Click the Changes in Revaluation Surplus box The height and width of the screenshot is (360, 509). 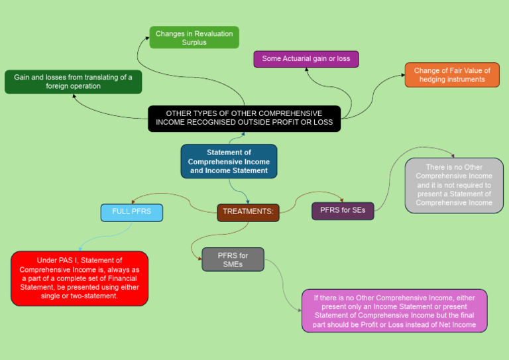click(x=194, y=37)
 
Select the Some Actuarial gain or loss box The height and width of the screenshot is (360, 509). click(x=306, y=59)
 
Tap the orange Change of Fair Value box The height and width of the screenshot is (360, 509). click(x=452, y=75)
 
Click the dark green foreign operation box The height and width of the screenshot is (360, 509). click(x=73, y=82)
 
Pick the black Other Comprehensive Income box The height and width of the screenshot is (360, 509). click(x=244, y=118)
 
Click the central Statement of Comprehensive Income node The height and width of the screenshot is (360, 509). click(x=229, y=161)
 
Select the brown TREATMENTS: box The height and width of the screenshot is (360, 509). click(x=248, y=212)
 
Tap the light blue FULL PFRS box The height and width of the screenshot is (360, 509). click(x=131, y=212)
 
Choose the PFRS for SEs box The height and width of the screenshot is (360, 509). click(x=342, y=211)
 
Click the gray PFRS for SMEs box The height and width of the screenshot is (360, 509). click(x=233, y=259)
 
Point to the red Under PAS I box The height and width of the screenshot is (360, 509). click(x=80, y=278)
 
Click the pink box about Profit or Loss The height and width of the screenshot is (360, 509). click(x=394, y=310)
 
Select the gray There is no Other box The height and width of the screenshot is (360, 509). click(x=453, y=185)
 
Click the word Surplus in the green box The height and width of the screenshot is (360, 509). click(x=194, y=42)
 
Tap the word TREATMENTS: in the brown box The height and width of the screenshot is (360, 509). click(x=248, y=212)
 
